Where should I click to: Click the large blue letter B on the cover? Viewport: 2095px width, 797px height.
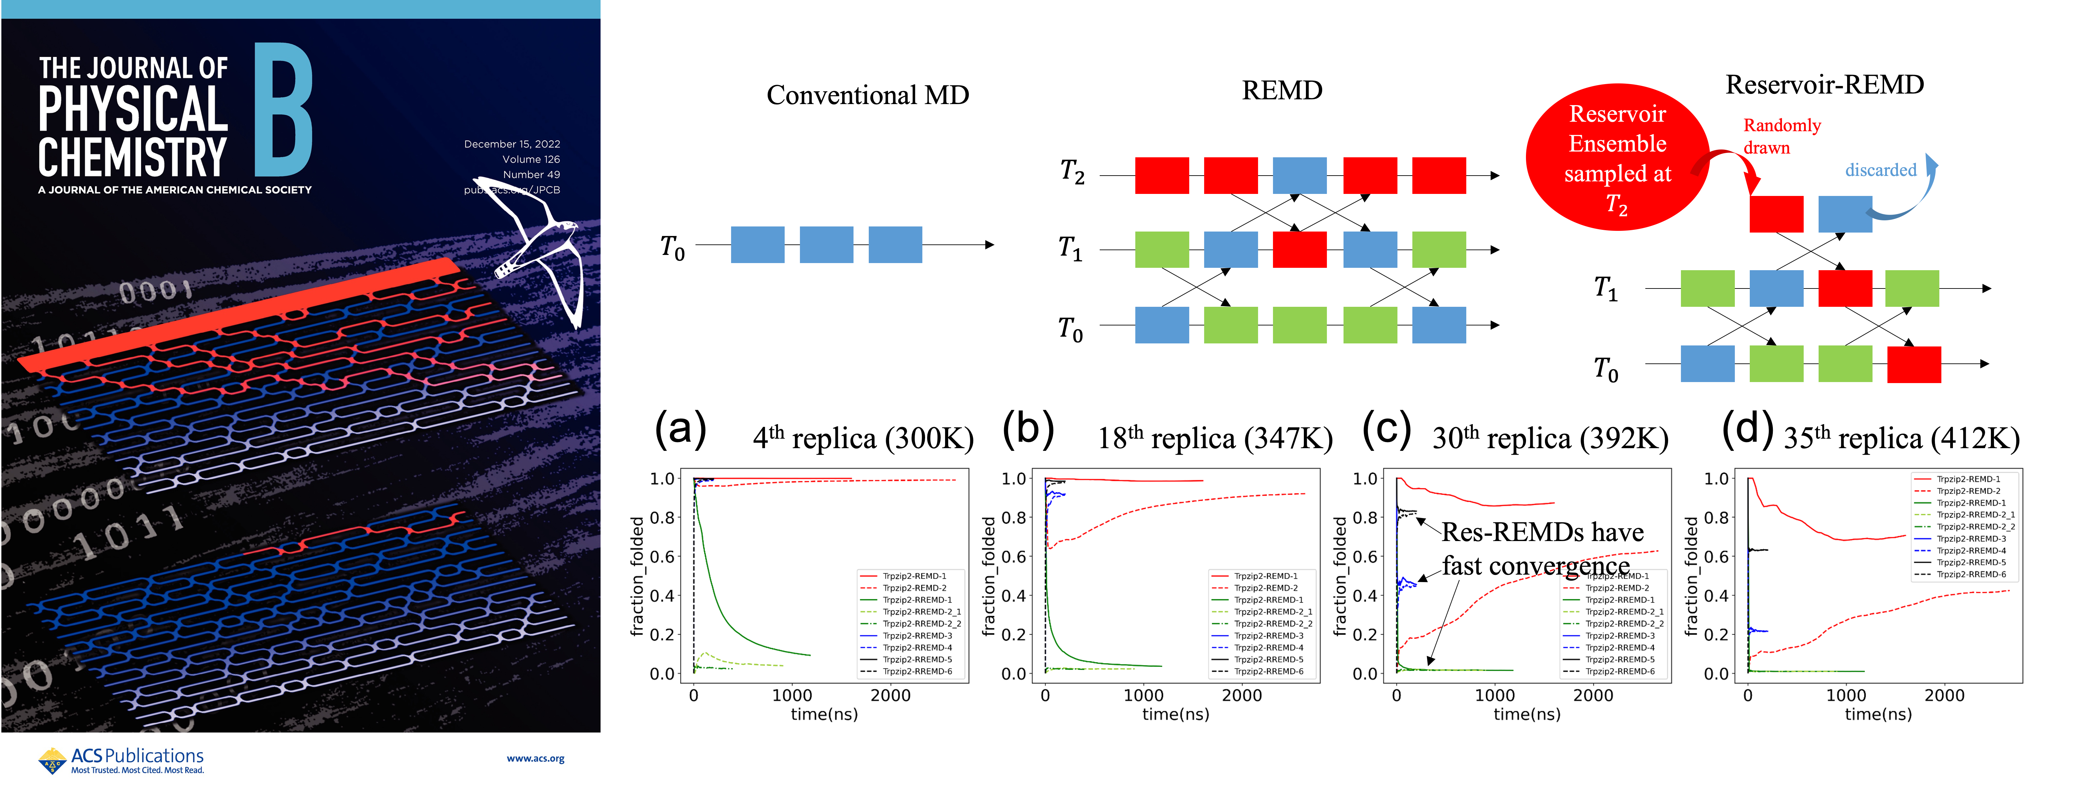coord(283,110)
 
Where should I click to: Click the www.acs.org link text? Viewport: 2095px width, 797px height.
coord(535,759)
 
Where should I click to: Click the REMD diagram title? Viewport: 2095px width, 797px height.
coord(1282,90)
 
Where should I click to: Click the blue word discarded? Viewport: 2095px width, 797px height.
coord(1880,170)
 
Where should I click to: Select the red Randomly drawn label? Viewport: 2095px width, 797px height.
coord(1781,136)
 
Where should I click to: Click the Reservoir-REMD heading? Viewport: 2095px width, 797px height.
coord(1824,84)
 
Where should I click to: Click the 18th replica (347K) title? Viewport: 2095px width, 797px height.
coord(1215,438)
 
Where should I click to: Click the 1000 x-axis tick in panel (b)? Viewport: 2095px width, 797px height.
coord(1143,695)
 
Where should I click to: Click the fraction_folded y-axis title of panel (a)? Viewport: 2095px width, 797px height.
coord(637,576)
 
